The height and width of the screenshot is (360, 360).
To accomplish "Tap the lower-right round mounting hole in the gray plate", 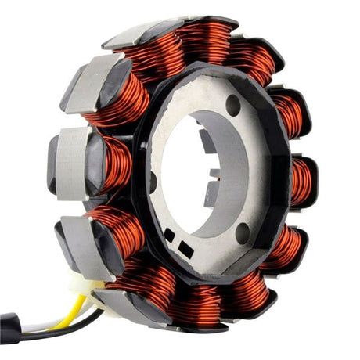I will [243, 232].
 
